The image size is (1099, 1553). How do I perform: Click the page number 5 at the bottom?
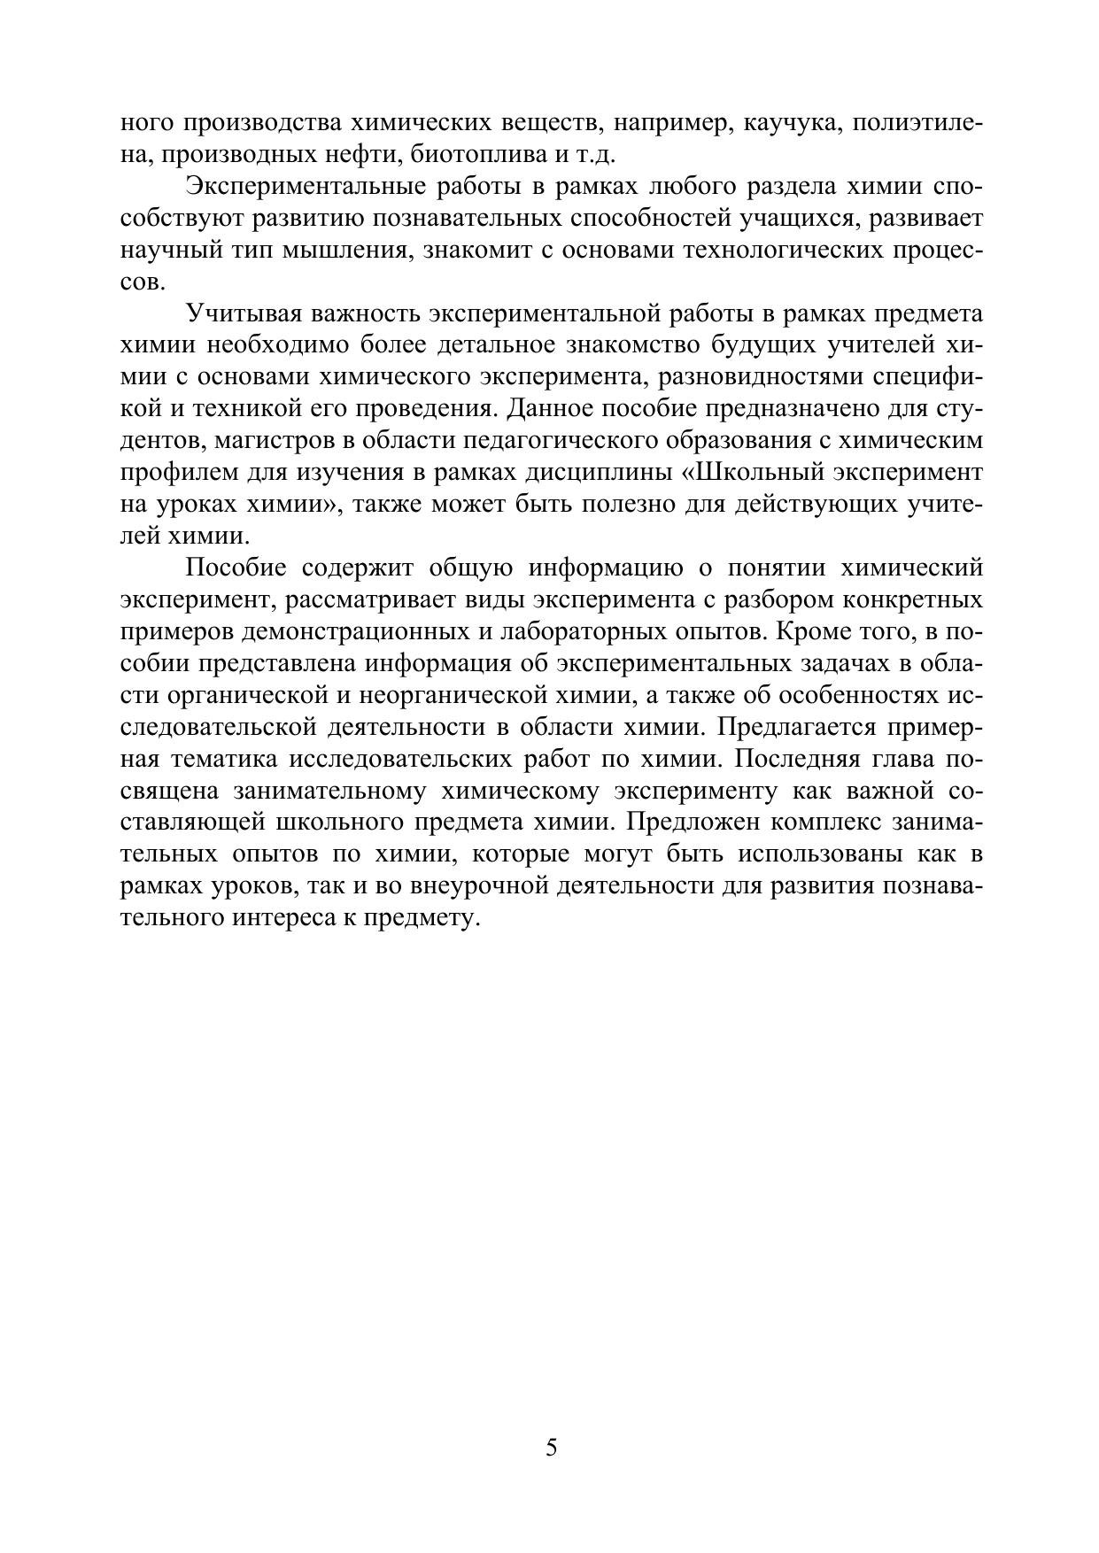coord(551,1448)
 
